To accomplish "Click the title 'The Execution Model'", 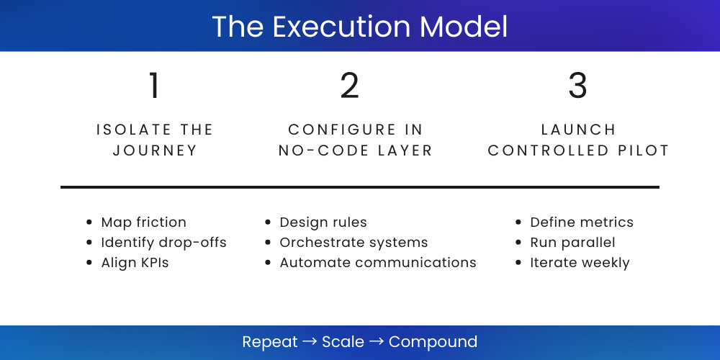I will (x=359, y=27).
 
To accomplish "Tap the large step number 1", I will (x=154, y=86).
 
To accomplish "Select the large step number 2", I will (x=350, y=86).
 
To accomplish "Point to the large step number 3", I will (x=577, y=86).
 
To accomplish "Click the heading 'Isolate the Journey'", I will (x=155, y=140).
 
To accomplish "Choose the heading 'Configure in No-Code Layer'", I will (x=356, y=140).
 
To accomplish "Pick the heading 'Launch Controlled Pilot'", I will (x=578, y=140).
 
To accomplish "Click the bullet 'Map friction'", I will (x=143, y=222).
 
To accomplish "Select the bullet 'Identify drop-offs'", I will (x=163, y=243).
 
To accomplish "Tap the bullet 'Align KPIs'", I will (x=135, y=263).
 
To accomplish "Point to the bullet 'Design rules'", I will (x=323, y=222).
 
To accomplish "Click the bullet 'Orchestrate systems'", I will (x=354, y=243).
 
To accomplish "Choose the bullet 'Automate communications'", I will (x=378, y=263).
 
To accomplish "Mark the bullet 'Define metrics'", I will (x=582, y=222).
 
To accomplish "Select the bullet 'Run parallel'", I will (x=572, y=243).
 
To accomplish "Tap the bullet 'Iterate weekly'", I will (x=580, y=263).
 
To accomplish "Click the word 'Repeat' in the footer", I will (x=270, y=341).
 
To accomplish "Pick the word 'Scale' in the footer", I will (x=343, y=341).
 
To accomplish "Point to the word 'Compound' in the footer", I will (x=433, y=341).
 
